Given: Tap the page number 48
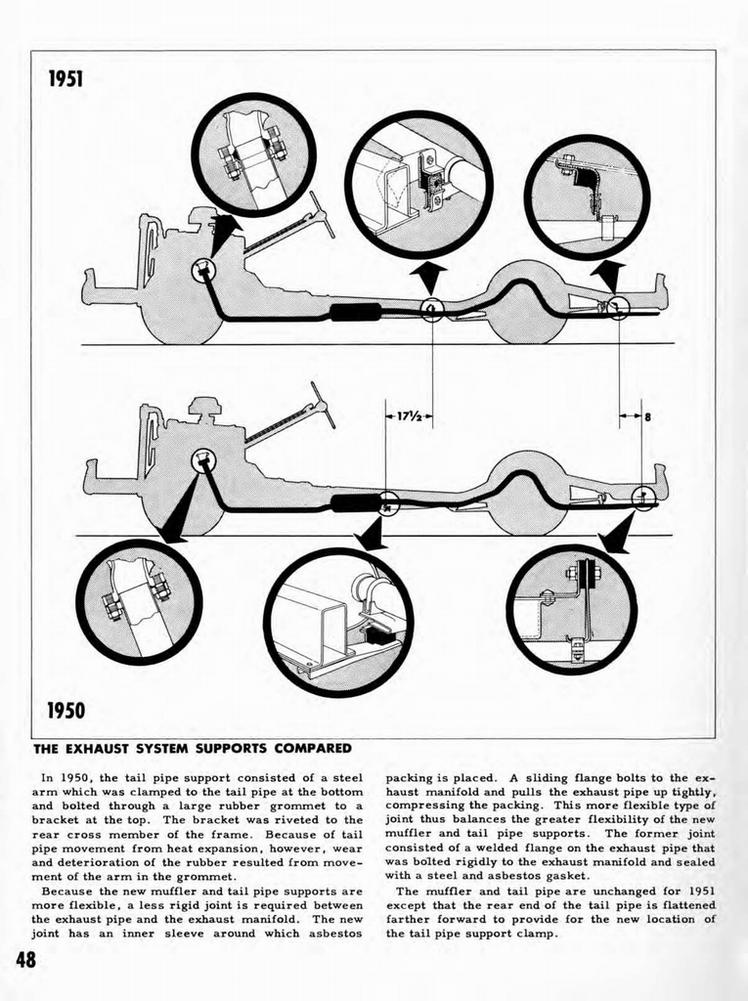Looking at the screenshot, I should pyautogui.click(x=24, y=959).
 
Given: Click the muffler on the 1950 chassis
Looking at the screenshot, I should pyautogui.click(x=353, y=502).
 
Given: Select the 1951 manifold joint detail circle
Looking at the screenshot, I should pyautogui.click(x=253, y=154).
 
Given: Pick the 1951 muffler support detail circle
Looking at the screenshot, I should pyautogui.click(x=418, y=184).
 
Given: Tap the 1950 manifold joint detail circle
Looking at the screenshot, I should pyautogui.click(x=139, y=601).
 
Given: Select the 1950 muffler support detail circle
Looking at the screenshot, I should pyautogui.click(x=338, y=622).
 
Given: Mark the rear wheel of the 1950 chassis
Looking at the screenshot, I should pyautogui.click(x=528, y=494).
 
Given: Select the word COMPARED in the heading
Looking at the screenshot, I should pyautogui.click(x=302, y=750).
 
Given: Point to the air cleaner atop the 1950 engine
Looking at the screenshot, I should pyautogui.click(x=204, y=405).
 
